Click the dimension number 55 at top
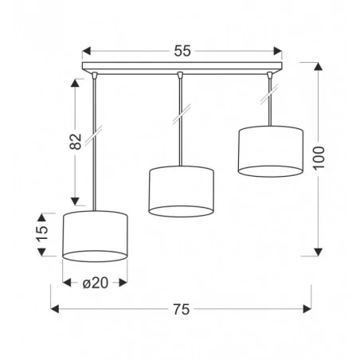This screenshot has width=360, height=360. click(x=182, y=51)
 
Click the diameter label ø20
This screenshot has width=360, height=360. click(x=96, y=282)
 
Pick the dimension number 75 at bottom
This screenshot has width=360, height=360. click(x=182, y=310)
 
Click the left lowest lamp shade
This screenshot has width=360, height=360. click(x=96, y=237)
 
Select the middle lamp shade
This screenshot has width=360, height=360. click(x=182, y=191)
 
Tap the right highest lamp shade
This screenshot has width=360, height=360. click(x=271, y=150)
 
